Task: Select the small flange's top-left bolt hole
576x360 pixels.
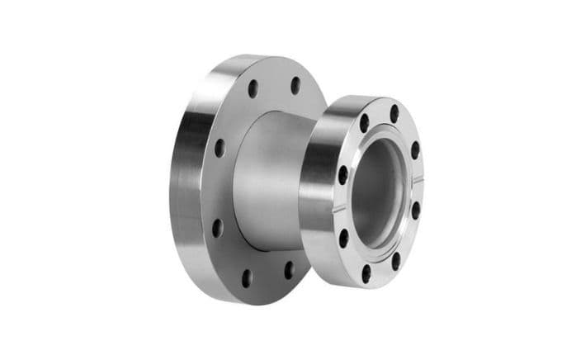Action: tap(364, 124)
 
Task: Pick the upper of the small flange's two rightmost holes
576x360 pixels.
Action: tap(415, 149)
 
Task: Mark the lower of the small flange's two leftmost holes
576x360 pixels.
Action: tap(345, 239)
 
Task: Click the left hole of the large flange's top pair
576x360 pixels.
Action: tap(253, 88)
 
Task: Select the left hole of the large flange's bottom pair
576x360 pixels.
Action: tap(246, 277)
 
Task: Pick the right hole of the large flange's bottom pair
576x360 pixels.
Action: tap(288, 270)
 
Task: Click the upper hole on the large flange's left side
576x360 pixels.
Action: tap(220, 148)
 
